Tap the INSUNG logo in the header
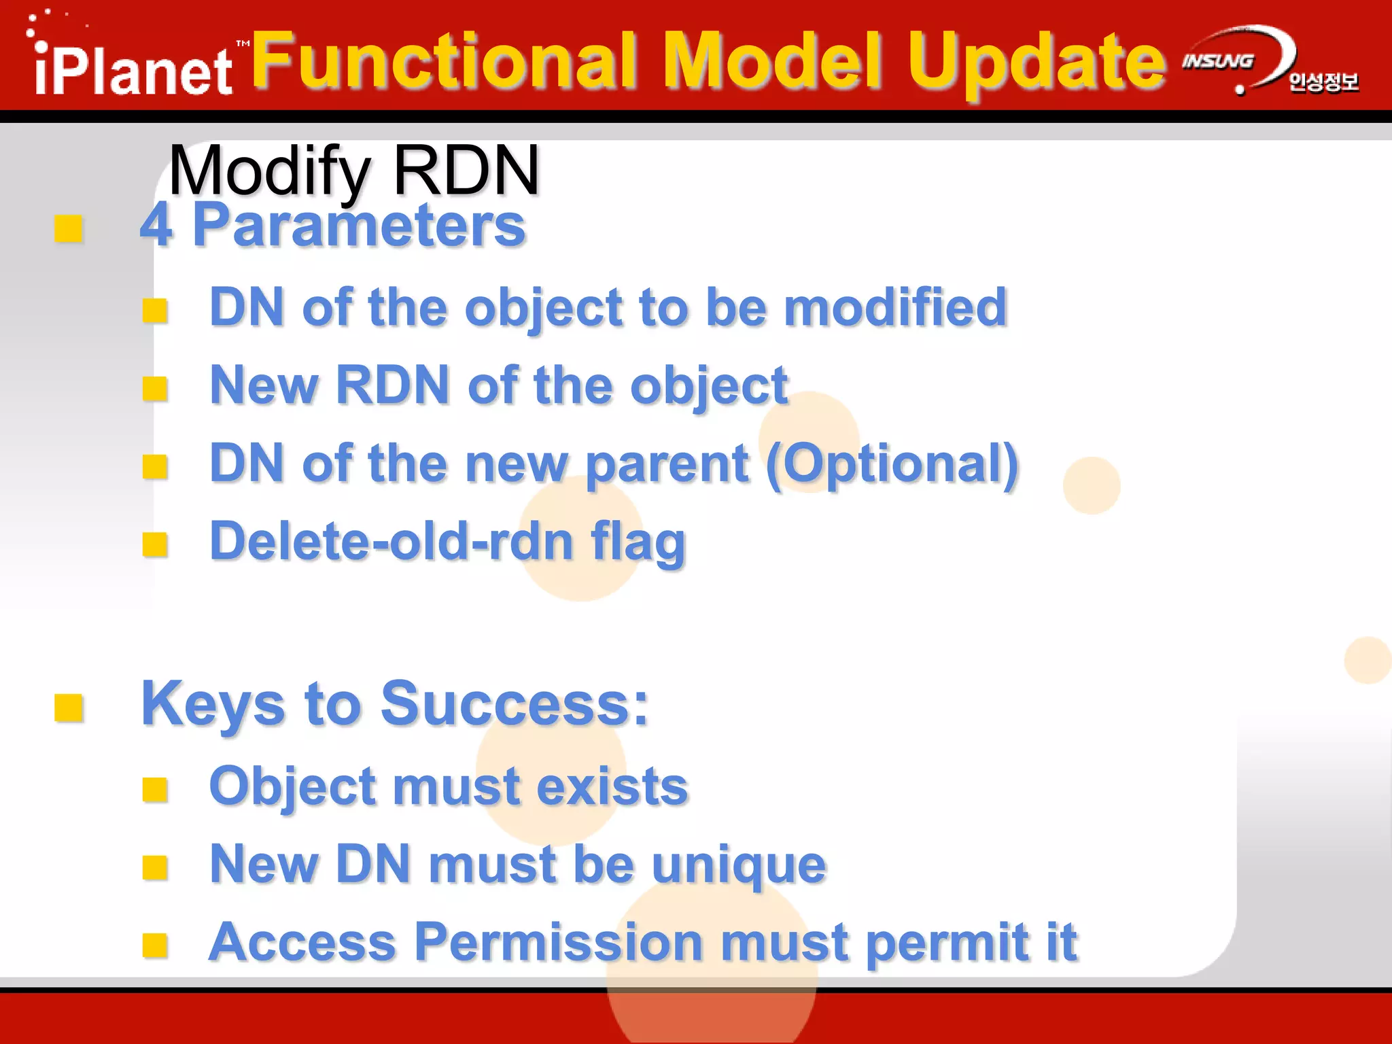[1218, 61]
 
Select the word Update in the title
[1037, 63]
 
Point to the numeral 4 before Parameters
[156, 226]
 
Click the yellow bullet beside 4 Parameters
[69, 229]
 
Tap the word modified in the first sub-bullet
[895, 307]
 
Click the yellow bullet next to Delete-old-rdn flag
[155, 544]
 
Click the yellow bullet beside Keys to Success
[69, 708]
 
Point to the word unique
[739, 865]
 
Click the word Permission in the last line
[559, 943]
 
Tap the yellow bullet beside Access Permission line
[155, 945]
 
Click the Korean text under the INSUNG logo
[1323, 82]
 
